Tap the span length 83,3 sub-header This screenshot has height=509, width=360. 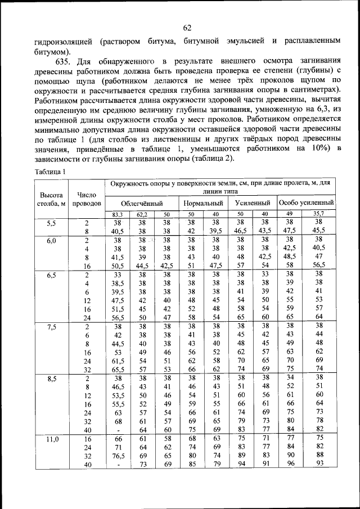(118, 214)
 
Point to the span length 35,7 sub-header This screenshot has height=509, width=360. (319, 214)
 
